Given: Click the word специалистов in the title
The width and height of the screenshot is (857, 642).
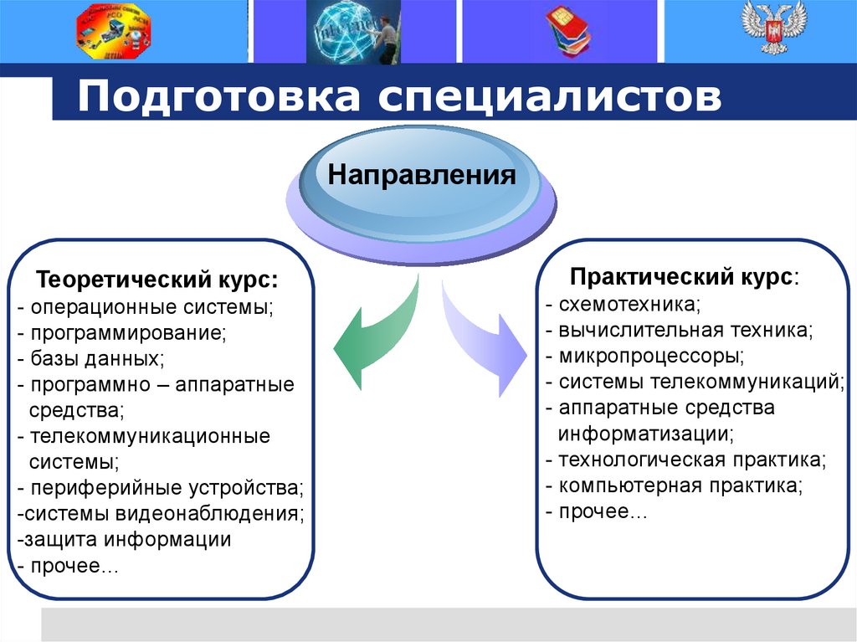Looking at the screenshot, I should pos(547,97).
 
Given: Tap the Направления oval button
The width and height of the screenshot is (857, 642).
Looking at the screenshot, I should pos(421,177).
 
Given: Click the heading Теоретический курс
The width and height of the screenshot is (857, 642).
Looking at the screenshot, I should pos(157,279).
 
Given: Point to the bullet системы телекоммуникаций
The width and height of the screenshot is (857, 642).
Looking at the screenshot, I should pos(695,382).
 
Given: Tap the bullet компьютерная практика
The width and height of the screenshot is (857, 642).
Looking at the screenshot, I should pos(674,485).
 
